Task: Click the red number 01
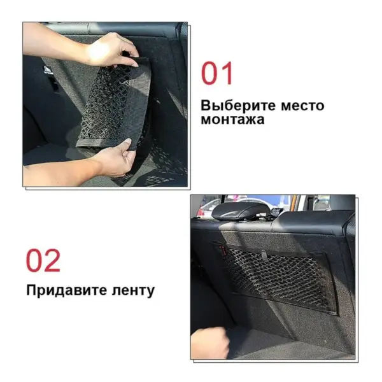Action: (x=218, y=73)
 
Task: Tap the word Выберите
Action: (x=232, y=104)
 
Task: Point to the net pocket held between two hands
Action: (x=115, y=105)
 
